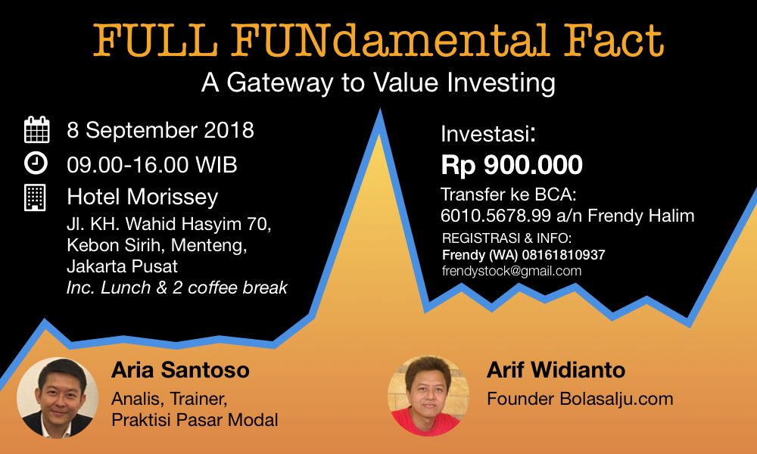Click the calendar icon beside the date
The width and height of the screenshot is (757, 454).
pyautogui.click(x=36, y=129)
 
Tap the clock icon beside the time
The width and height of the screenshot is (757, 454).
pyautogui.click(x=36, y=163)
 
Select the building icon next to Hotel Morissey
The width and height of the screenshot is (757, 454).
pyautogui.click(x=36, y=197)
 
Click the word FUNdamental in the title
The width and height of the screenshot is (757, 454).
pyautogui.click(x=390, y=41)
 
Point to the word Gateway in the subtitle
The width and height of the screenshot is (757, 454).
pyautogui.click(x=279, y=82)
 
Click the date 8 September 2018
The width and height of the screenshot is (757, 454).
pyautogui.click(x=160, y=130)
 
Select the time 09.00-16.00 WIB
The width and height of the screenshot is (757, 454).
pyautogui.click(x=152, y=164)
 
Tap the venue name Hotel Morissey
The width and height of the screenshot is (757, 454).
pyautogui.click(x=142, y=197)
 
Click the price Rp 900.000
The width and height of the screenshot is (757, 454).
pyautogui.click(x=512, y=165)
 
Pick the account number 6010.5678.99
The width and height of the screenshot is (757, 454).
pyautogui.click(x=496, y=216)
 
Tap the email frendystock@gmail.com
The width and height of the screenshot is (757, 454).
pyautogui.click(x=512, y=271)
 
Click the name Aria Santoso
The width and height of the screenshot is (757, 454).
pyautogui.click(x=180, y=370)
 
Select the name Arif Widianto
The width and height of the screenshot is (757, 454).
pyautogui.click(x=556, y=370)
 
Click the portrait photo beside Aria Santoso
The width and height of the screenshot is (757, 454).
pyautogui.click(x=58, y=397)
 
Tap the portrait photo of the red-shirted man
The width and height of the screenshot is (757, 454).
pyautogui.click(x=428, y=396)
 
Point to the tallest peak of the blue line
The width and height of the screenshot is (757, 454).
pyautogui.click(x=379, y=111)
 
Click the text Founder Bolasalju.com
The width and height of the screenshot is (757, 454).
pyautogui.click(x=580, y=399)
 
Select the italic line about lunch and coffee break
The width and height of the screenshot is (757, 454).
pyautogui.click(x=176, y=288)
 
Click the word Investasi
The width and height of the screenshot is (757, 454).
pyautogui.click(x=488, y=134)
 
